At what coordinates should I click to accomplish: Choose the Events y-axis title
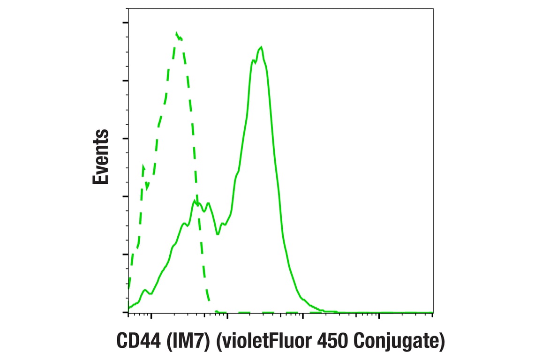pos(100,157)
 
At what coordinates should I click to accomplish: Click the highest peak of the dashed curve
pos(177,34)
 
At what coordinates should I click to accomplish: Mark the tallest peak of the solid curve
pos(261,47)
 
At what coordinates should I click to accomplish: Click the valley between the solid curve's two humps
pos(218,233)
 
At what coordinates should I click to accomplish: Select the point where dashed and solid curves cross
pos(197,203)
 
